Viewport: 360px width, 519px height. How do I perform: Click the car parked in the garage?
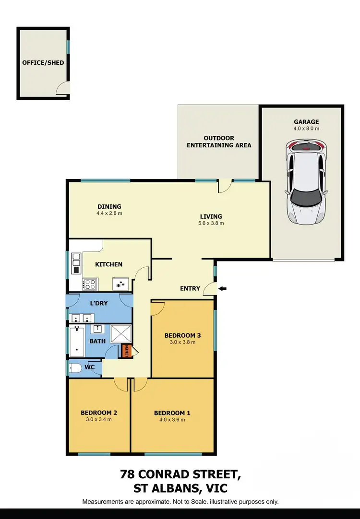coord(306,183)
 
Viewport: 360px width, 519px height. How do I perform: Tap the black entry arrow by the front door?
coord(222,288)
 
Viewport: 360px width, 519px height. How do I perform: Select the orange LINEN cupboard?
coord(126,351)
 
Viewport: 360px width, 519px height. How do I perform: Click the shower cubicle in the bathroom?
coord(121,334)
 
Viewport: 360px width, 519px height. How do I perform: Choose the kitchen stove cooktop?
coord(90,284)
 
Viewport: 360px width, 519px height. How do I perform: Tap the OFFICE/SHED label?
coord(43,63)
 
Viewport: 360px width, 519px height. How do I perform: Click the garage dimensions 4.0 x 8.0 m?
coord(306,129)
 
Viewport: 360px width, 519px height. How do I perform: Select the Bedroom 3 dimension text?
coord(180,342)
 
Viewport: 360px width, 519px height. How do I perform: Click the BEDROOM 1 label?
coord(172,413)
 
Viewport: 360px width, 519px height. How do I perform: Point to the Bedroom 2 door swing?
coord(121,384)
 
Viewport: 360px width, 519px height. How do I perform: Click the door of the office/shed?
coord(63,89)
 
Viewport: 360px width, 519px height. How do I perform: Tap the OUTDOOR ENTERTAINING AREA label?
coord(219,142)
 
